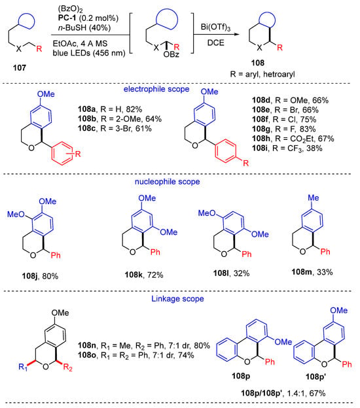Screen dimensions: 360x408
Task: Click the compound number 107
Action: click(x=20, y=67)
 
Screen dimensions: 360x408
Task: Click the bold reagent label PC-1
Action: click(x=67, y=18)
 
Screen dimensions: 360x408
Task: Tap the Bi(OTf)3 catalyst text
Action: click(x=215, y=27)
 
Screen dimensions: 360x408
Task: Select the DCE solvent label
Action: click(x=216, y=42)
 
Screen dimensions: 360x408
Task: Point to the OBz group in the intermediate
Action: click(x=171, y=54)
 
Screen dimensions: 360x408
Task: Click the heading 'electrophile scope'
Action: click(x=156, y=89)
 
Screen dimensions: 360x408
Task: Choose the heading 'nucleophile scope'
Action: click(x=167, y=182)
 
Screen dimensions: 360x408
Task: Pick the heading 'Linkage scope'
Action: click(x=177, y=298)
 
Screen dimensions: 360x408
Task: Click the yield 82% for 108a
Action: click(x=134, y=109)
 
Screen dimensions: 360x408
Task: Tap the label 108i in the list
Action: click(x=261, y=148)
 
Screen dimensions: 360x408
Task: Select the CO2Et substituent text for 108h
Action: click(x=302, y=139)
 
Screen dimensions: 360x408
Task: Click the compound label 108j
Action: click(x=30, y=276)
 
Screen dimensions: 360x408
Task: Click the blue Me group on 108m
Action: click(x=314, y=198)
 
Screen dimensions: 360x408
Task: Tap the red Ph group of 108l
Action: click(x=246, y=254)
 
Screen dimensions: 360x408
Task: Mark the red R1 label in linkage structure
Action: click(x=23, y=367)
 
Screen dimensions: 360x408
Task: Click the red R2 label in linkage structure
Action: click(x=67, y=367)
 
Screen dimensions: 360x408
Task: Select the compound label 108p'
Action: click(x=316, y=376)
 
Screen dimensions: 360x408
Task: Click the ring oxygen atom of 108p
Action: click(x=247, y=362)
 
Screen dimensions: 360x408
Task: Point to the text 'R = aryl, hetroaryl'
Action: click(x=262, y=75)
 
